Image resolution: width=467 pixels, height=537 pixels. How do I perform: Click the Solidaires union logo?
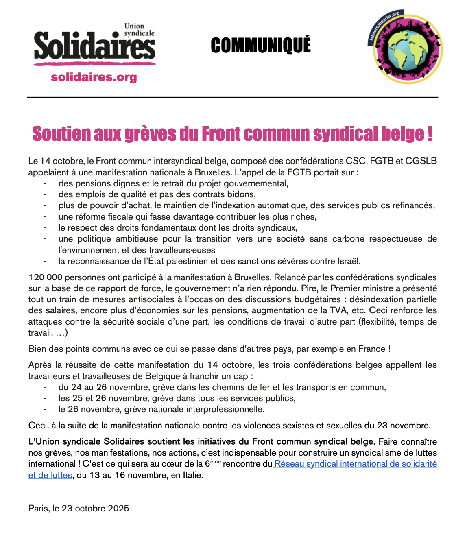pos(94,45)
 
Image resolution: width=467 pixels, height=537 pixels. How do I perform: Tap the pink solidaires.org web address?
pos(94,77)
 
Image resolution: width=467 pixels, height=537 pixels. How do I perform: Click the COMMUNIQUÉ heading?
pos(261,45)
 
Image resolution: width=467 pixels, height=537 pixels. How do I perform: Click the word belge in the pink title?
pos(402,134)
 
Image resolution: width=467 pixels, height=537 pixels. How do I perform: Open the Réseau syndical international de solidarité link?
pos(356,464)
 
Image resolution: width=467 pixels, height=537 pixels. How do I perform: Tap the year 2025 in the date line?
pos(119,509)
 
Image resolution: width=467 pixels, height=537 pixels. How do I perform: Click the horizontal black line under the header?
pos(233,98)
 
